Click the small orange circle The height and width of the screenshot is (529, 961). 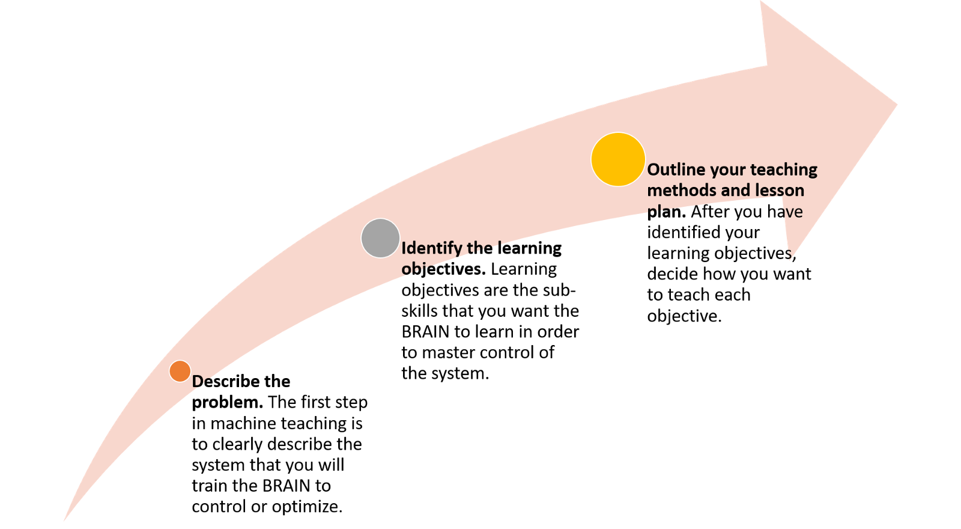point(180,372)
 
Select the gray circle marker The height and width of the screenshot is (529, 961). point(381,238)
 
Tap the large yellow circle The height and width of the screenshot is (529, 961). point(618,159)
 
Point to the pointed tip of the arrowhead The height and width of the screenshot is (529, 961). point(897,105)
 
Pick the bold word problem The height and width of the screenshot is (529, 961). point(228,403)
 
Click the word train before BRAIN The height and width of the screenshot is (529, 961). point(210,486)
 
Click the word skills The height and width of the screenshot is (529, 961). point(420,311)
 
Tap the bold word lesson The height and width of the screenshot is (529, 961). point(780,190)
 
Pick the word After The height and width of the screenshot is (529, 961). point(711,211)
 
